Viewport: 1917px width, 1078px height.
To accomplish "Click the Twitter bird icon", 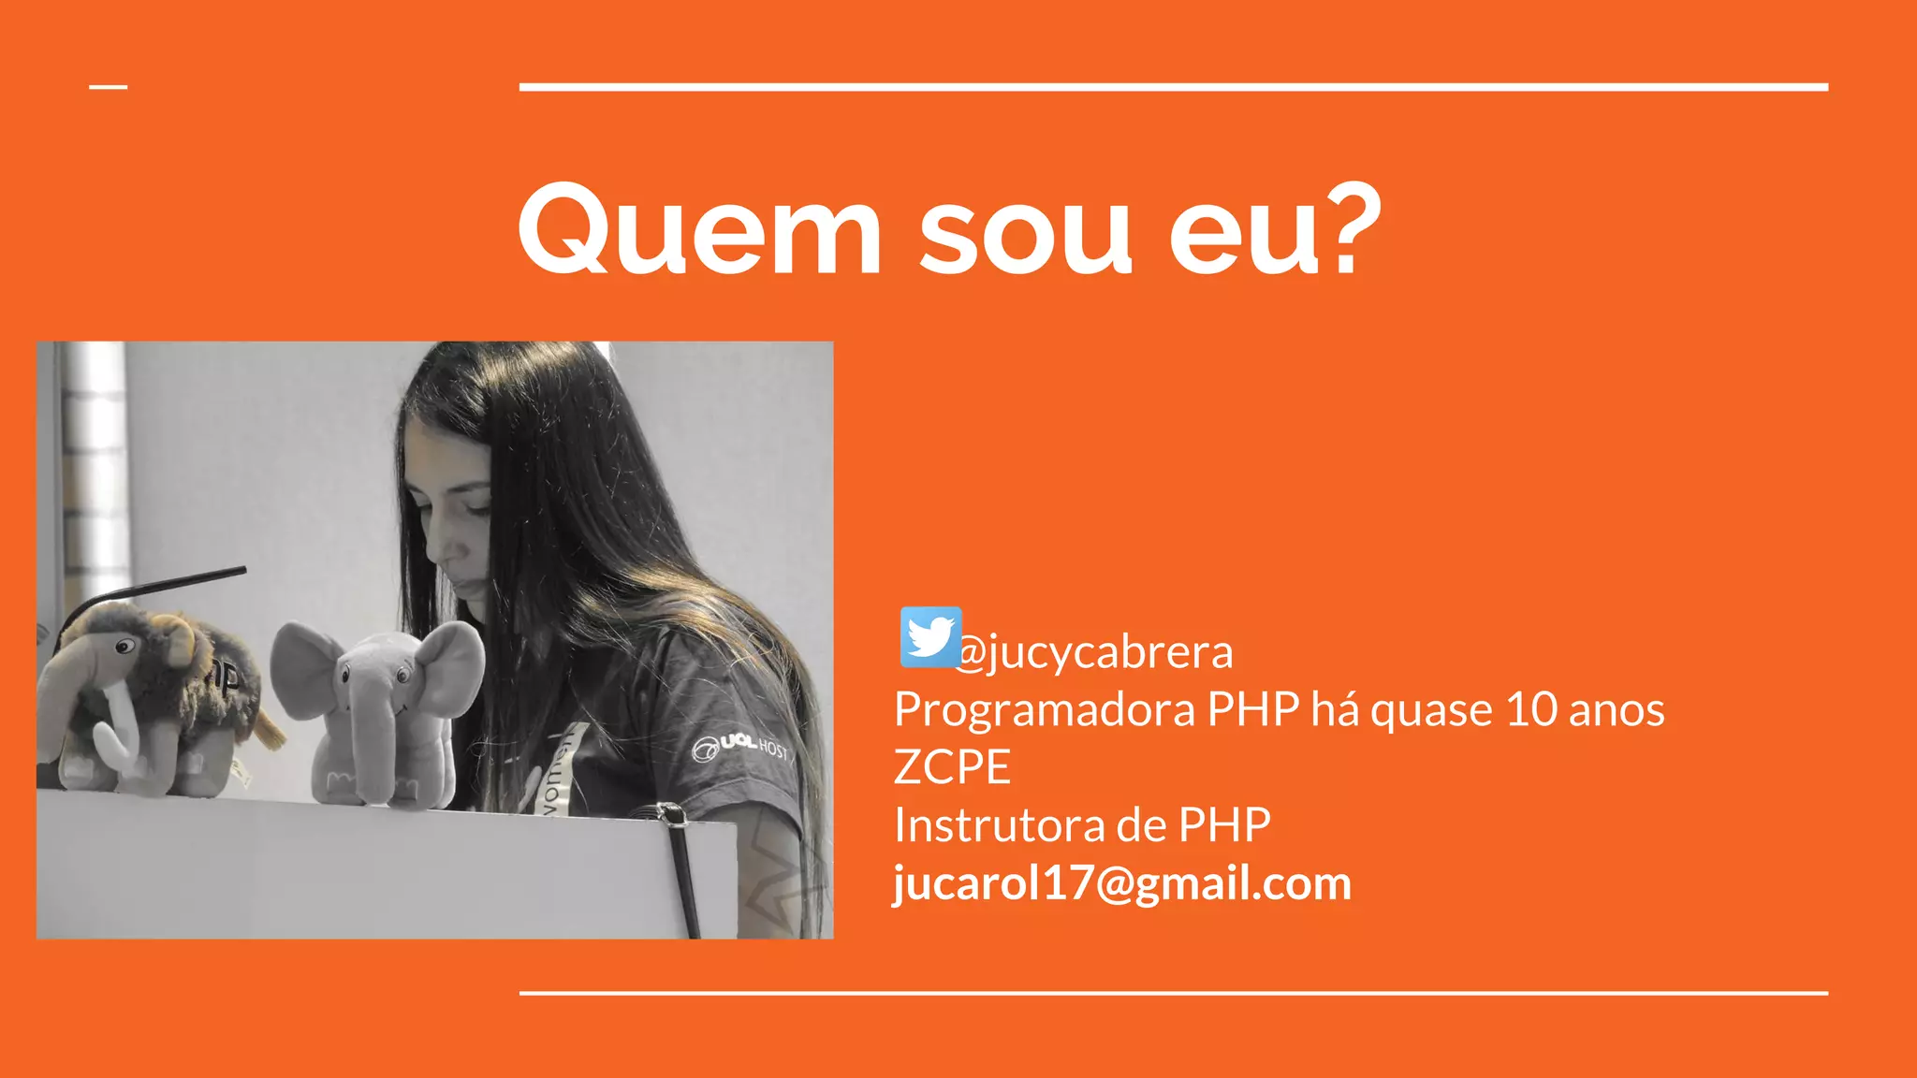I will point(930,637).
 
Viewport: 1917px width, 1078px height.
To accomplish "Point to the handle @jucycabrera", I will point(1095,652).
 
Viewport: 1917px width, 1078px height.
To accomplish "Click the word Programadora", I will point(1045,709).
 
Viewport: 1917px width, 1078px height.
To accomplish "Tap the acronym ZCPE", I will point(952,767).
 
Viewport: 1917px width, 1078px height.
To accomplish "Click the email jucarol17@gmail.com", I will point(1122,883).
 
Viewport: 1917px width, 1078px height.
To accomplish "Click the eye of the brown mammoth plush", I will point(124,647).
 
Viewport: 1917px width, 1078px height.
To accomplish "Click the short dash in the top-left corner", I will point(109,87).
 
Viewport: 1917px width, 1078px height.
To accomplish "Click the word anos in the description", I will point(1617,709).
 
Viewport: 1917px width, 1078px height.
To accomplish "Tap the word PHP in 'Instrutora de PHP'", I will point(1224,825).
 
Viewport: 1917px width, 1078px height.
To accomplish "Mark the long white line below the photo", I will point(1173,993).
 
